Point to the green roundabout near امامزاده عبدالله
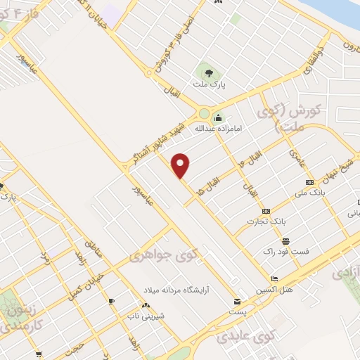205,113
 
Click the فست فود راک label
286,251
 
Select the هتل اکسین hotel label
276,290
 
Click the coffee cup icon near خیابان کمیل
111,301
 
